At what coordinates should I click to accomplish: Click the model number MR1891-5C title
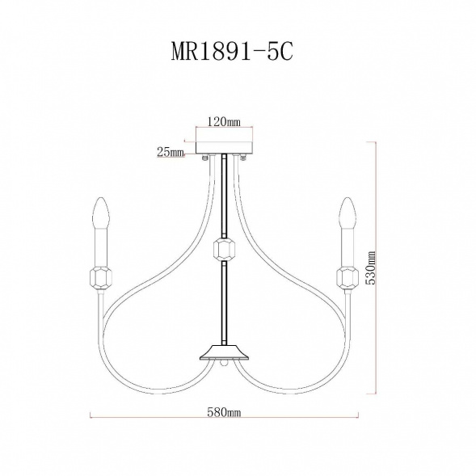point(232,52)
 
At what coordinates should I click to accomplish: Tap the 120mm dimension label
point(224,122)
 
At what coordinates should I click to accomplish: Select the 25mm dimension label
point(171,152)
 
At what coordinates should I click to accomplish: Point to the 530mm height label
point(370,267)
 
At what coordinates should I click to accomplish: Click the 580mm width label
point(224,412)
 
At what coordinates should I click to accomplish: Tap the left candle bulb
point(102,213)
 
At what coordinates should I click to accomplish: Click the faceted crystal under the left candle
point(101,278)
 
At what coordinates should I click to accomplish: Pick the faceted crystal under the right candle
point(348,278)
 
